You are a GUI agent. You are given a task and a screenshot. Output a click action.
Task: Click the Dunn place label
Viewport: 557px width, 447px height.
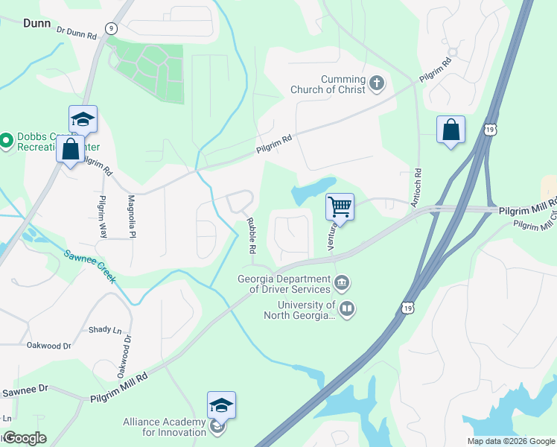(x=36, y=23)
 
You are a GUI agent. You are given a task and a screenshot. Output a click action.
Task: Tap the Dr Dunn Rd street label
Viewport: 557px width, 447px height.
(x=77, y=34)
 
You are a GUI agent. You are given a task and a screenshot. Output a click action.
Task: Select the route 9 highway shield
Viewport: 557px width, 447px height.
(x=111, y=28)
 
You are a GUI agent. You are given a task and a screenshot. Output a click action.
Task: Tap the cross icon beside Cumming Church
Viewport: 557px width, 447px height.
(x=377, y=83)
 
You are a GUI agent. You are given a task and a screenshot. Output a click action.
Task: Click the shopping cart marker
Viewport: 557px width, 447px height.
(x=340, y=206)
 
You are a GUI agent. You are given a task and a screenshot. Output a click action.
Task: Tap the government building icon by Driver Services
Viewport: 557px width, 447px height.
(x=342, y=282)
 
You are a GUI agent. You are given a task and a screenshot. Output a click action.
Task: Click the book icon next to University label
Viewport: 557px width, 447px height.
(x=347, y=308)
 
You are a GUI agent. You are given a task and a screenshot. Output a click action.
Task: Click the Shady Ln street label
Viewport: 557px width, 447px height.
(x=104, y=329)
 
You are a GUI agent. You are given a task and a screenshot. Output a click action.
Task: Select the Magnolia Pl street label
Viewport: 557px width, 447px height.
(x=132, y=216)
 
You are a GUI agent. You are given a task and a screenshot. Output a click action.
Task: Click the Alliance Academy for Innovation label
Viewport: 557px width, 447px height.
(x=165, y=427)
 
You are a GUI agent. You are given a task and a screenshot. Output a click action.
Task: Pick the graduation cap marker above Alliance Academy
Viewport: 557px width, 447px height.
(x=221, y=405)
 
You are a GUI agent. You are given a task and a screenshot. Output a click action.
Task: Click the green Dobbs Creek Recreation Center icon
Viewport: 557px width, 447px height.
(x=7, y=140)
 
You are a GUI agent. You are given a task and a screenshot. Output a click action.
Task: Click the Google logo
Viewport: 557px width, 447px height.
(x=25, y=438)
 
